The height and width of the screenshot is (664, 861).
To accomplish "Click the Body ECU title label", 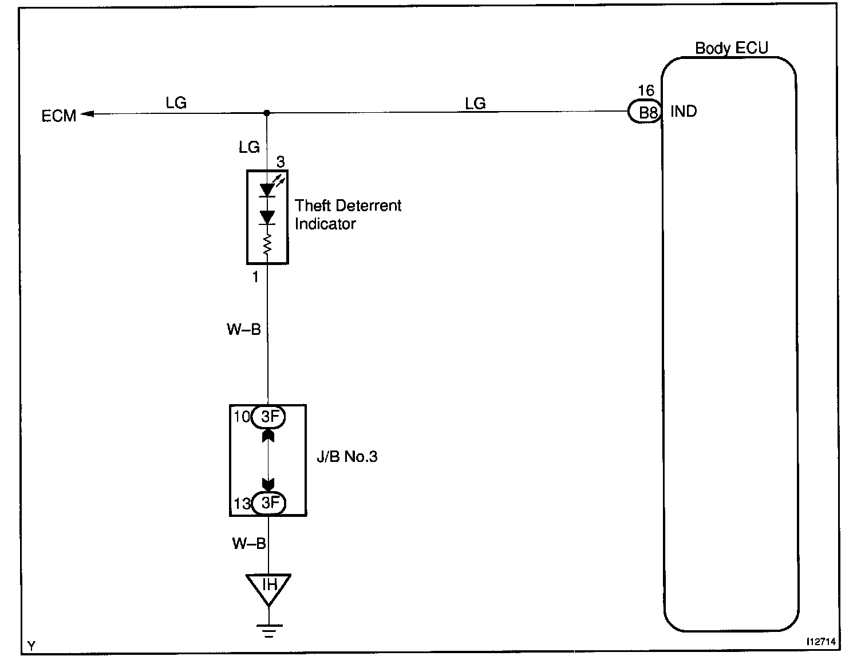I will pyautogui.click(x=731, y=48).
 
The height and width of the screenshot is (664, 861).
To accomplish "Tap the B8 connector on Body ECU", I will pyautogui.click(x=645, y=112).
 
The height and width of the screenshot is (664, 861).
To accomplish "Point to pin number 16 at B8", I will pyautogui.click(x=646, y=90).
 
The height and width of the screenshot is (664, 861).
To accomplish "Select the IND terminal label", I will pyautogui.click(x=684, y=111).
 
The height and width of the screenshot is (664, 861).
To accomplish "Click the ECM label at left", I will pyautogui.click(x=59, y=116).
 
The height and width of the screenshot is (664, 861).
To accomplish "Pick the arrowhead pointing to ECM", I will pyautogui.click(x=86, y=114).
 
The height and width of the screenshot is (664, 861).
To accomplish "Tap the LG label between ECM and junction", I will pyautogui.click(x=176, y=103).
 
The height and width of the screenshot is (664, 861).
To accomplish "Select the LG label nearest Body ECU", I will pyautogui.click(x=475, y=103).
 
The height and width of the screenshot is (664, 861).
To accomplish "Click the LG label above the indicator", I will pyautogui.click(x=249, y=148).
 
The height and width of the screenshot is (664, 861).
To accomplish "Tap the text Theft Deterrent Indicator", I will pyautogui.click(x=347, y=215).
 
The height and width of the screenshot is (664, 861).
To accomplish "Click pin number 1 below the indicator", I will pyautogui.click(x=255, y=277).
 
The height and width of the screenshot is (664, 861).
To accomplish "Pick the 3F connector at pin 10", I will pyautogui.click(x=268, y=417).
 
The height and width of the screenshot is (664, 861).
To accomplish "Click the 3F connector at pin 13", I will pyautogui.click(x=268, y=503).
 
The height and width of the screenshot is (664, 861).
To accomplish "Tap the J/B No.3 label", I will pyautogui.click(x=347, y=457).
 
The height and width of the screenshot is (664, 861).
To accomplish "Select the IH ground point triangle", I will pyautogui.click(x=268, y=587).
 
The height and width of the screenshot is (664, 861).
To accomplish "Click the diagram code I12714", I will pyautogui.click(x=820, y=642).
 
